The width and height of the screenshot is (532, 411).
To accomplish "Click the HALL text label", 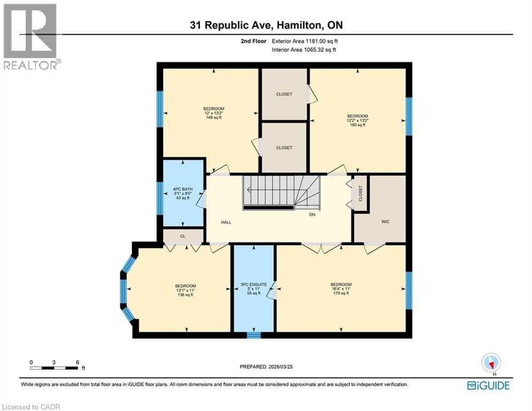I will (x=226, y=222).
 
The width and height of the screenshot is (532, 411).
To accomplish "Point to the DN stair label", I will (x=312, y=215).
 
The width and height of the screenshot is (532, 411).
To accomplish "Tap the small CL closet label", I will (x=182, y=235).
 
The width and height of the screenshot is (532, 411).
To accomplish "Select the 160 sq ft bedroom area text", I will (x=357, y=125).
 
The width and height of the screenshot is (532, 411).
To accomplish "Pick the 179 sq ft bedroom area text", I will (x=341, y=293).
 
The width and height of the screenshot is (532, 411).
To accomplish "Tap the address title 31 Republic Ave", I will (x=266, y=25).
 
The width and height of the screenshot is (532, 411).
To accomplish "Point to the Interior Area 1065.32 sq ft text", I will (x=304, y=50).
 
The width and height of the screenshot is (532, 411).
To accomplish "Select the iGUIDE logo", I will (x=488, y=385).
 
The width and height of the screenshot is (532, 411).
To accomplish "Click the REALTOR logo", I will (x=30, y=36).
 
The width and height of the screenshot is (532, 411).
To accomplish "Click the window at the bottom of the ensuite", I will (x=253, y=336).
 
